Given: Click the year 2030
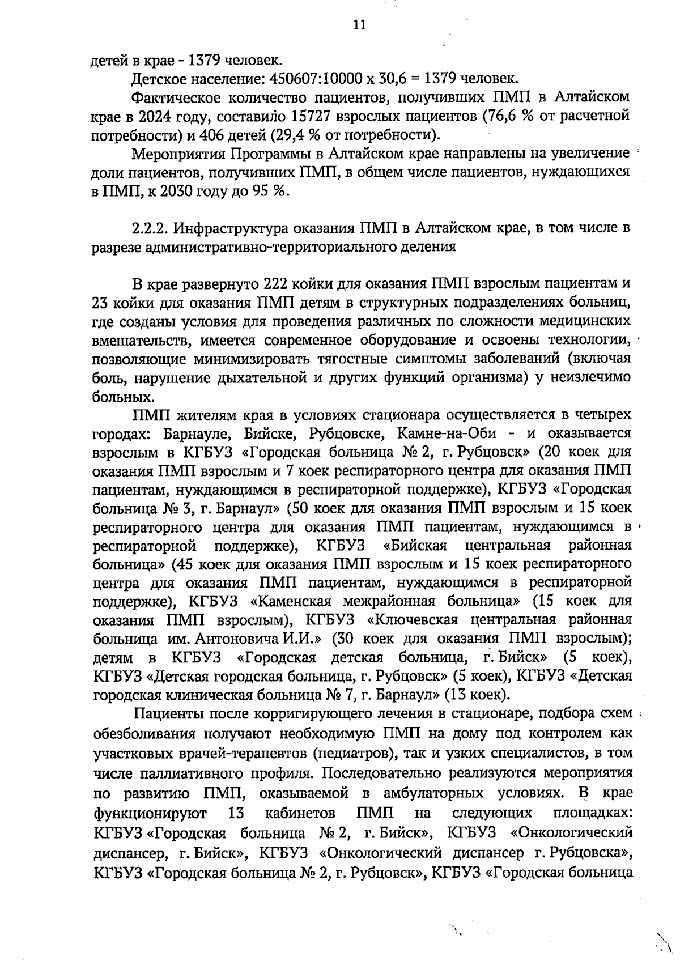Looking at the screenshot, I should [171, 191].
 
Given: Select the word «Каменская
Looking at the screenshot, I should [288, 601].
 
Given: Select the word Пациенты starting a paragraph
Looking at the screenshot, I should [165, 714].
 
